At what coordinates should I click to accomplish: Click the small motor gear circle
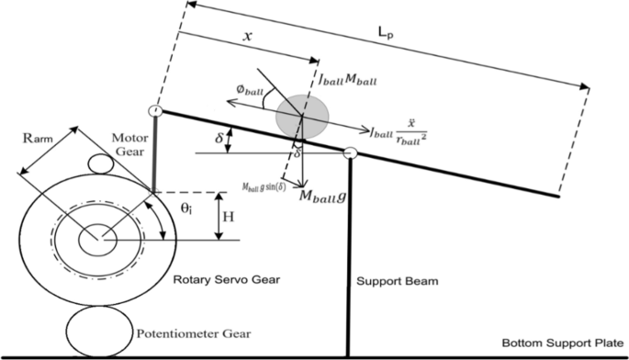103,164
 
